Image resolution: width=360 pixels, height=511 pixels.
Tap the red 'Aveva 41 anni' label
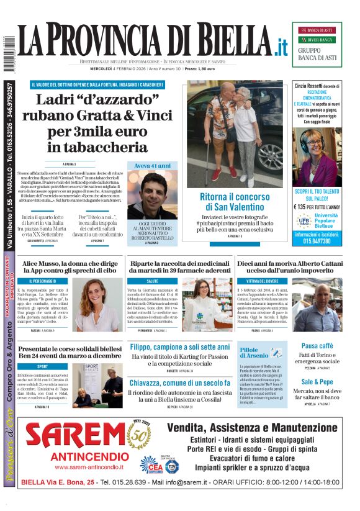point(152,166)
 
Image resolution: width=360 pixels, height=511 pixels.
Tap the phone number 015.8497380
point(317,242)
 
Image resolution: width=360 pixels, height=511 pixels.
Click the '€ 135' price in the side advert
point(304,207)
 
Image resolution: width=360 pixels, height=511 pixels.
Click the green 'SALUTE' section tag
point(135,281)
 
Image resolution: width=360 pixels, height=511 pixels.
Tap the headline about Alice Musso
point(69,267)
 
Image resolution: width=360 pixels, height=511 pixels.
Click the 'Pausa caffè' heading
point(317,345)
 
